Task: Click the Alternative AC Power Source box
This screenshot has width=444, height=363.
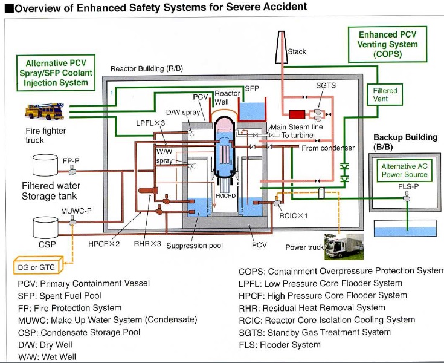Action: (404, 171)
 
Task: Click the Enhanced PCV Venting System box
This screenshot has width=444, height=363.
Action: (387, 44)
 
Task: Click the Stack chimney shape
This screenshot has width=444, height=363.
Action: (280, 45)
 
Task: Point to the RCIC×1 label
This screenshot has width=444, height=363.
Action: (294, 215)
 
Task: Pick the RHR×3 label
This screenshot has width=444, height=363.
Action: (147, 245)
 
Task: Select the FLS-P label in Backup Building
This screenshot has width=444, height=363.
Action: (408, 187)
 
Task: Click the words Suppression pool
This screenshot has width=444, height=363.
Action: (195, 246)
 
